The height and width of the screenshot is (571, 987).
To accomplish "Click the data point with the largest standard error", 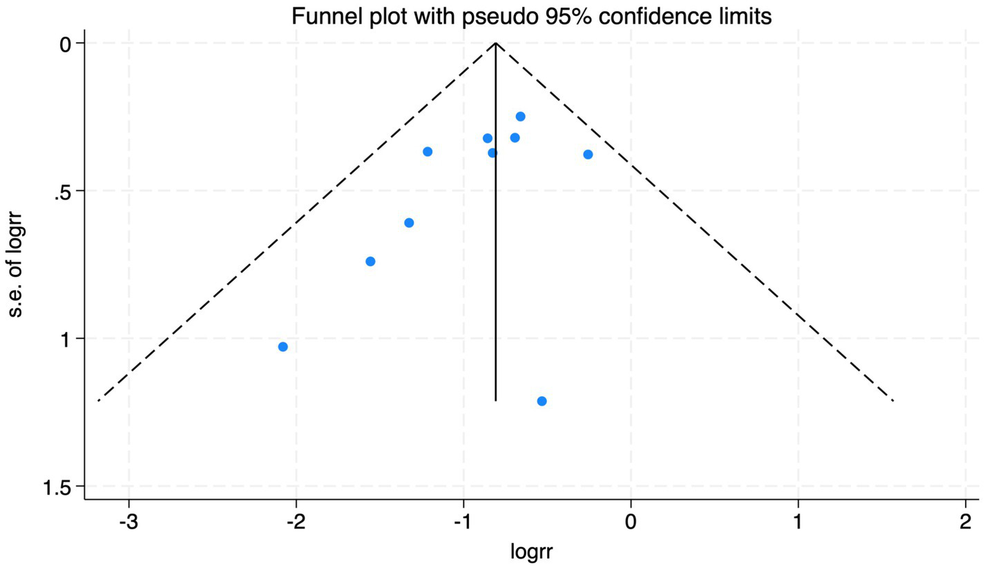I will click(x=542, y=401).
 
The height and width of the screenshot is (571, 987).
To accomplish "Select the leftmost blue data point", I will click(x=282, y=347).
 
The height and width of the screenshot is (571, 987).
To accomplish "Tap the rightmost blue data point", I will click(x=588, y=154).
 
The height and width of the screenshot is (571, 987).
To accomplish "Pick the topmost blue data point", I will click(x=520, y=116).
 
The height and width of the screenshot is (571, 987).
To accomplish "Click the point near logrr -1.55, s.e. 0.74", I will click(x=370, y=261).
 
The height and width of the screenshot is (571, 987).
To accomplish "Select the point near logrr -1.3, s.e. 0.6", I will click(x=409, y=222).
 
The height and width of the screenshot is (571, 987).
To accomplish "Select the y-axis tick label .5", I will click(x=65, y=191).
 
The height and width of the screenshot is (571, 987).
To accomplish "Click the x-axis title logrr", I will click(x=532, y=552).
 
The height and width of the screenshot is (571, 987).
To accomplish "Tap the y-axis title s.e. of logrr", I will click(x=18, y=265).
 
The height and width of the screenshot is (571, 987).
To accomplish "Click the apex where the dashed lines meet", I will click(x=496, y=43).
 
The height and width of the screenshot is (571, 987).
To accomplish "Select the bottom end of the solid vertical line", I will click(x=496, y=400).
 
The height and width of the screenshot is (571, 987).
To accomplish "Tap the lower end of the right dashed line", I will click(x=894, y=400).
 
